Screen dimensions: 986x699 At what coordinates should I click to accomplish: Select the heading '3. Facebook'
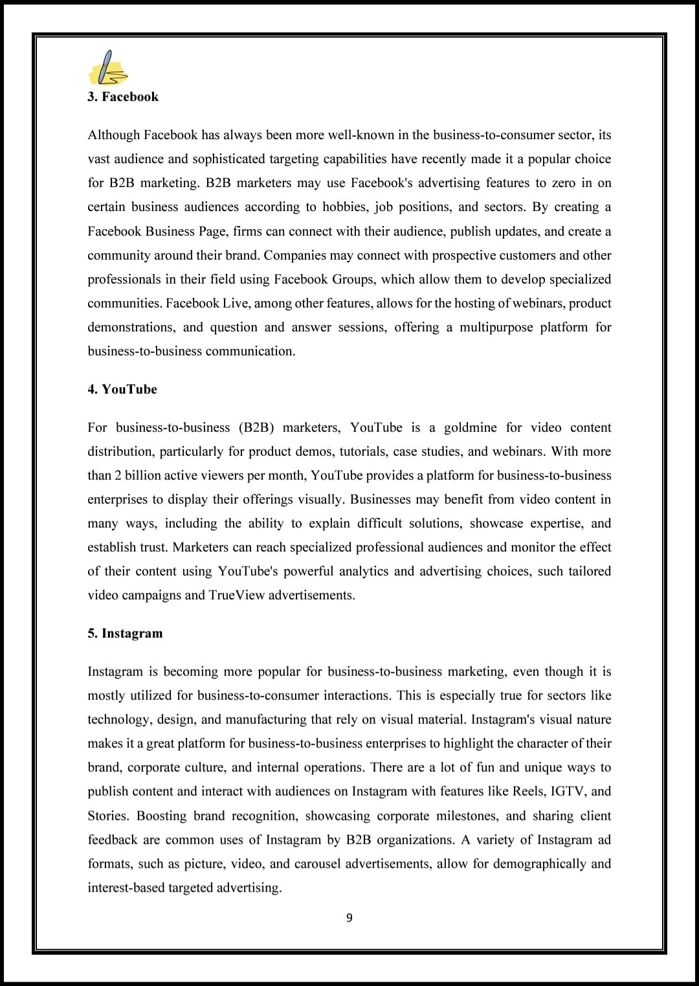click(123, 97)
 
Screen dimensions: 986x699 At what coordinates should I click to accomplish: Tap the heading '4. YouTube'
click(122, 389)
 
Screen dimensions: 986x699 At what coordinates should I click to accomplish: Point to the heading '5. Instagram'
click(125, 633)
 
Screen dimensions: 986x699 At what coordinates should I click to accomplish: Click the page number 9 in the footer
click(349, 917)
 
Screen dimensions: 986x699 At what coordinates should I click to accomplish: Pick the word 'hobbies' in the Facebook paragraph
click(344, 207)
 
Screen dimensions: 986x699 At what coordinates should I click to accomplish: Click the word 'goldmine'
click(470, 428)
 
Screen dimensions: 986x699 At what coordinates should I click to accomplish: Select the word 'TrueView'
click(237, 596)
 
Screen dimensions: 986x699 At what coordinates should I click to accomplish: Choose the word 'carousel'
click(317, 864)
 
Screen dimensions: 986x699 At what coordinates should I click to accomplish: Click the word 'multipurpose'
click(496, 328)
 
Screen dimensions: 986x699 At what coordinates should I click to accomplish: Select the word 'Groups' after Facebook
click(353, 280)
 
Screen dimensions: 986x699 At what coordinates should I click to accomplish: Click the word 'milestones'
click(467, 816)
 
